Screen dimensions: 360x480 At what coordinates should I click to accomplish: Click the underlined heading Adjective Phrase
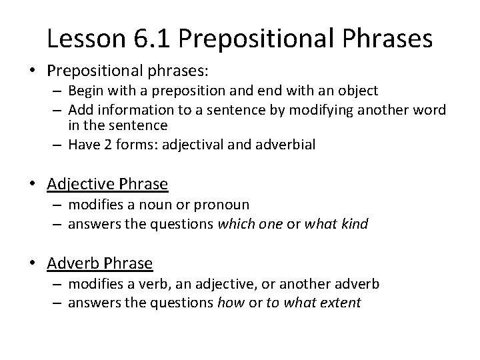[107, 183]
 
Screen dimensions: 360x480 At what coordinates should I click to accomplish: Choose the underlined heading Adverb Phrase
[100, 263]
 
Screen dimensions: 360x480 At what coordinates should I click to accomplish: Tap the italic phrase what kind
[337, 224]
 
